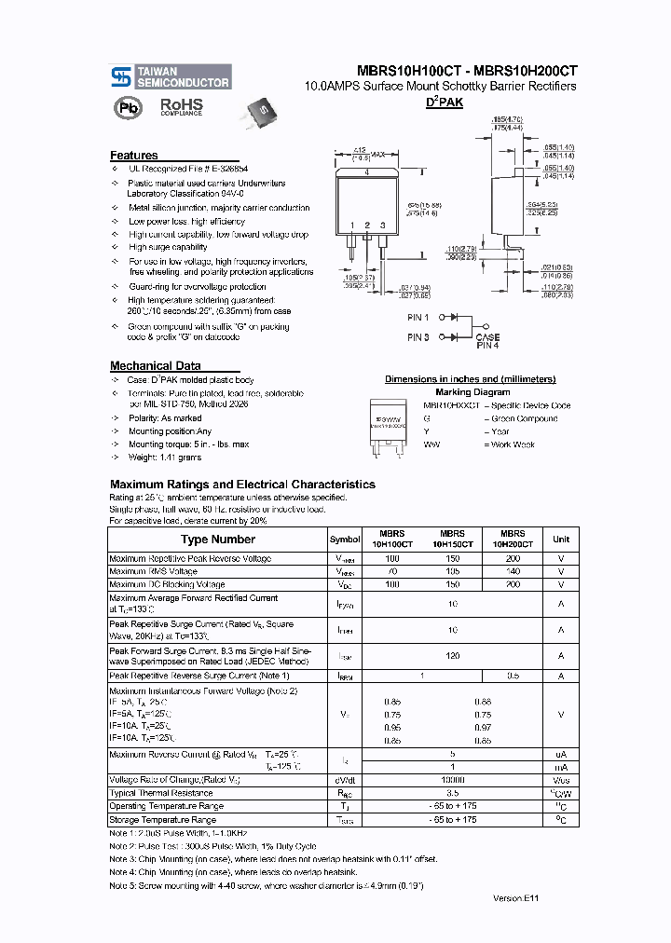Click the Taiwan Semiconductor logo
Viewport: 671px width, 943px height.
[170, 77]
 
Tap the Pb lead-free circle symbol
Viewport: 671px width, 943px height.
[125, 107]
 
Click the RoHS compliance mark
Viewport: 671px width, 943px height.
[181, 107]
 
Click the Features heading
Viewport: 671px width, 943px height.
[134, 156]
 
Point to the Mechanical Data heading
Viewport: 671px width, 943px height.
[155, 366]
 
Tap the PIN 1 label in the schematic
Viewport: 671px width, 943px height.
[418, 318]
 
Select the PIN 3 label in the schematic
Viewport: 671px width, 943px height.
[418, 336]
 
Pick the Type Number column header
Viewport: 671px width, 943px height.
[217, 540]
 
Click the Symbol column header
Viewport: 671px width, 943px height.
[345, 540]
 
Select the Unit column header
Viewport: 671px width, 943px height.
[561, 540]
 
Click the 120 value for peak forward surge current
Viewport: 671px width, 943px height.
[453, 656]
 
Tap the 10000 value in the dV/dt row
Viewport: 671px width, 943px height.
[453, 780]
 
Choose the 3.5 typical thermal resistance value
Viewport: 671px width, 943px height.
[453, 793]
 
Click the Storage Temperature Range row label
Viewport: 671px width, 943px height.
[162, 820]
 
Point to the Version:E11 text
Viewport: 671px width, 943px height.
[515, 897]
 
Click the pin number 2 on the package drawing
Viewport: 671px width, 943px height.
[368, 226]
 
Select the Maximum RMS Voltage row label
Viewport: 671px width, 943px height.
[153, 571]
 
